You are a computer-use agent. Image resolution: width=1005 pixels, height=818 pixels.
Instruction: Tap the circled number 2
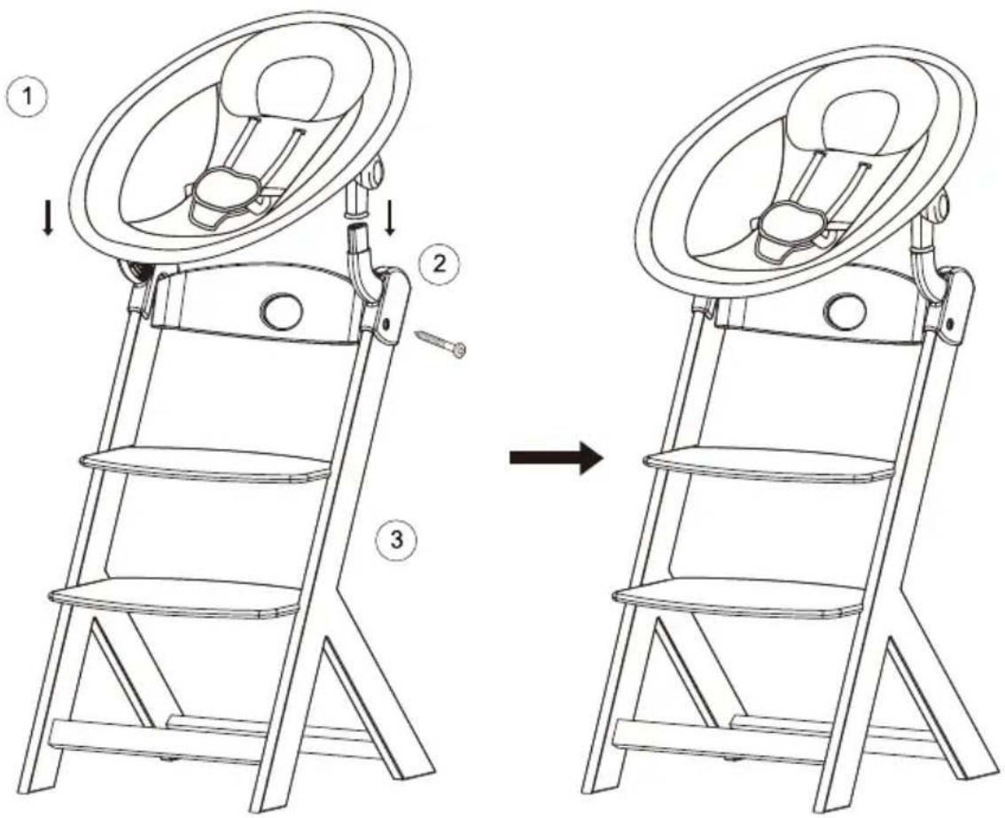(439, 263)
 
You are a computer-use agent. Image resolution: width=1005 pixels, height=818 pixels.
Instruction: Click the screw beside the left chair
(441, 344)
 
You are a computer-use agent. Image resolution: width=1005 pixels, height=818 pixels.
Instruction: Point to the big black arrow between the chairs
(557, 457)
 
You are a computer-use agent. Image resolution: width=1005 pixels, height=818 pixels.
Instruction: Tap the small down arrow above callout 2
(389, 219)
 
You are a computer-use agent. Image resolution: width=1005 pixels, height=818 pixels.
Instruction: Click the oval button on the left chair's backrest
(281, 309)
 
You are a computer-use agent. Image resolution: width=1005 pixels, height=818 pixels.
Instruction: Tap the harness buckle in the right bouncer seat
(789, 224)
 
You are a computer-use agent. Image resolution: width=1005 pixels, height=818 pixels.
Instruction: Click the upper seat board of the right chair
(769, 464)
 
